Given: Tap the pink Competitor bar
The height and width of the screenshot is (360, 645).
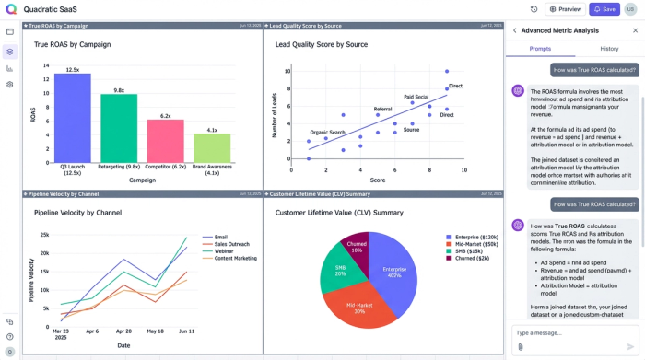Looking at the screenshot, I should tap(166, 140).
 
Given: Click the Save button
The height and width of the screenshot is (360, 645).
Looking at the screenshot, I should tap(604, 9).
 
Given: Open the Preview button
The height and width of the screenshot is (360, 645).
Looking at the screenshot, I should tap(566, 9).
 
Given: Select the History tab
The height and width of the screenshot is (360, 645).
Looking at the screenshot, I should tap(609, 48).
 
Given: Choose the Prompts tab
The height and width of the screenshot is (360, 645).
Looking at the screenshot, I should tap(540, 48).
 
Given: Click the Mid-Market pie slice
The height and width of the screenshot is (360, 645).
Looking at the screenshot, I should tap(359, 306).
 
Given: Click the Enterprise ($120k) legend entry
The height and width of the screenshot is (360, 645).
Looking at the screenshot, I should tap(474, 237).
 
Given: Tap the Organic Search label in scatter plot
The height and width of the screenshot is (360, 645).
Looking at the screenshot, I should tap(327, 133).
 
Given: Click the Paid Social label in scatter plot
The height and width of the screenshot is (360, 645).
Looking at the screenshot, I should tap(416, 97).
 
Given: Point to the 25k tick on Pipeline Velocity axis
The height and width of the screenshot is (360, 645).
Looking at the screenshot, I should tap(44, 235).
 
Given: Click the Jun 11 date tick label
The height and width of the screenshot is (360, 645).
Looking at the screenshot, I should tap(186, 331).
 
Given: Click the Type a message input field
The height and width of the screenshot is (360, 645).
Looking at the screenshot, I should tap(567, 332).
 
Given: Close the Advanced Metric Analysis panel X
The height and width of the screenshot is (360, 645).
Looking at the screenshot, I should tap(635, 30).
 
